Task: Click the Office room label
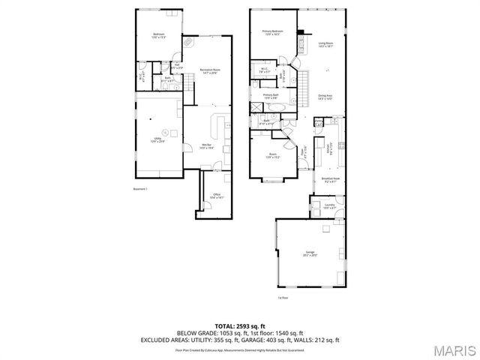[x=217, y=196]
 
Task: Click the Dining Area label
[x=325, y=97]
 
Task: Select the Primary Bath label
[x=271, y=96]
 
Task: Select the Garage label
[x=310, y=253]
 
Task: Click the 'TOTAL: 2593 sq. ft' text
[x=239, y=325]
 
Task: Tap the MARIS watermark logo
[x=451, y=349]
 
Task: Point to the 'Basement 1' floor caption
[x=140, y=189]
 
